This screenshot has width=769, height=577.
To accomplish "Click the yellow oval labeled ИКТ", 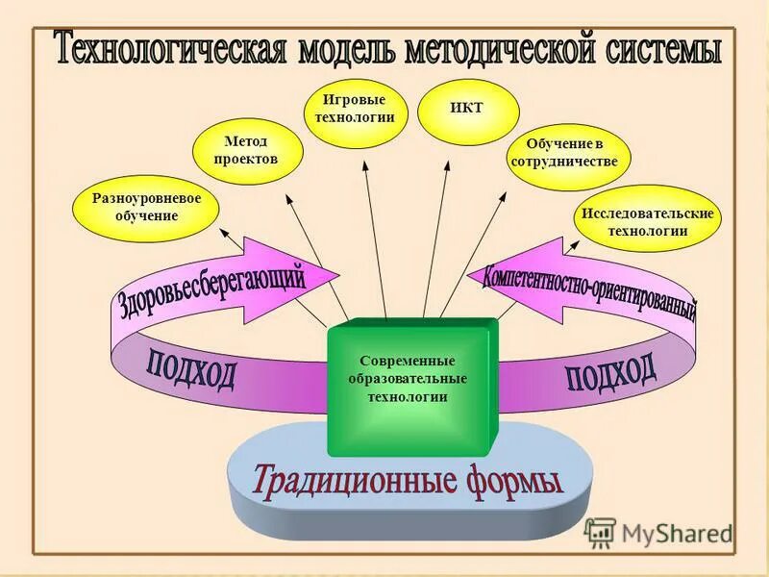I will click(466, 108).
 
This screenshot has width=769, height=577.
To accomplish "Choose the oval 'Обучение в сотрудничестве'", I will click(564, 153).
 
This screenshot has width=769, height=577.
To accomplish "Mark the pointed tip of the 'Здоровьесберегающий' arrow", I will click(338, 273).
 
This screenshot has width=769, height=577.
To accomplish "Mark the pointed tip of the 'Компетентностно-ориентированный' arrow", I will click(467, 277).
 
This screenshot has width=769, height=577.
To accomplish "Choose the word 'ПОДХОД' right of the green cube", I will click(610, 372).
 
